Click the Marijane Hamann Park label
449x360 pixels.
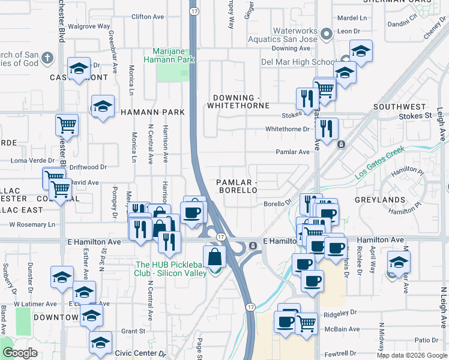point(169,56)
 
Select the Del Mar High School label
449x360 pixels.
point(298,62)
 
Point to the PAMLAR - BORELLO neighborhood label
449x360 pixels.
point(237,186)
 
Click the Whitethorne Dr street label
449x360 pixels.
point(286,129)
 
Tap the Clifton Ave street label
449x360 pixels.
point(147,17)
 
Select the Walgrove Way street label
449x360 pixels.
point(89,26)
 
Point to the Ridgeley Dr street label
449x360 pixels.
point(340,313)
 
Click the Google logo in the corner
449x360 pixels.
point(20,353)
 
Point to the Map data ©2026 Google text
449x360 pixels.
point(412,355)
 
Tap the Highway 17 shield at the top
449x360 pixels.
point(193,11)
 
